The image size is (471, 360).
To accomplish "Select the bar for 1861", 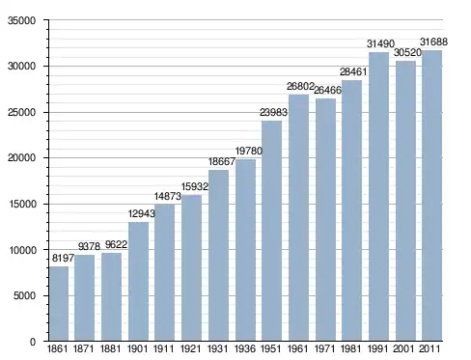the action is tap(59, 303).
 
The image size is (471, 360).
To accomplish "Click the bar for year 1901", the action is tap(139, 282).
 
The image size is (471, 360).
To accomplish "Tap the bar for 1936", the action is tap(245, 250).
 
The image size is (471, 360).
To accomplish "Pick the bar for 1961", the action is tap(298, 217).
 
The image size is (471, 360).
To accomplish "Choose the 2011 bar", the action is tap(431, 195).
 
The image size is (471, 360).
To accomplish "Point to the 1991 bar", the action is tap(378, 196).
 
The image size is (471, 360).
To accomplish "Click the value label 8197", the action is tap(63, 258).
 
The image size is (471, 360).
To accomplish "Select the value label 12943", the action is tap(142, 213).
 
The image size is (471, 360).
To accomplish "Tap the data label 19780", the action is tap(249, 151).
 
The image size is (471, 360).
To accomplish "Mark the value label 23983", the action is tap(273, 112).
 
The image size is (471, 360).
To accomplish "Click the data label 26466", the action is tap(327, 90).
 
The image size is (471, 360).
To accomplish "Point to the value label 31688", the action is tap(433, 42).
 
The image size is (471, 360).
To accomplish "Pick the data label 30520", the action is tap(407, 52).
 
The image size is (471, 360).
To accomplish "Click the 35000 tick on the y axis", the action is tap(21, 20).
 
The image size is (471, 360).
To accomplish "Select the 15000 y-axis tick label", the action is tap(21, 204).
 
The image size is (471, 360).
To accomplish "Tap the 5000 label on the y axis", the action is tap(24, 295).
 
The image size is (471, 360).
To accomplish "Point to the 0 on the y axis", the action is tap(33, 342).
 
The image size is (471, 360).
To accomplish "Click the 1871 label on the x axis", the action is tap(84, 348).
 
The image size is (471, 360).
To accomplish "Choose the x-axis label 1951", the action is tap(271, 348).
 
